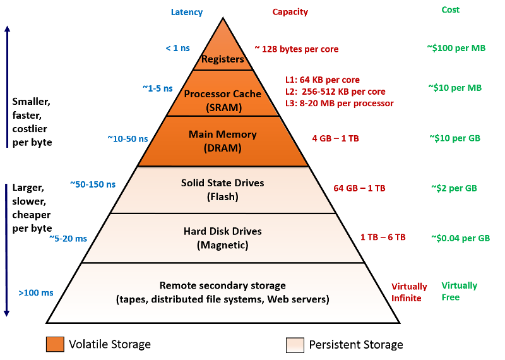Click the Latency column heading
tap(187, 12)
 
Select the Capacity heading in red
tap(290, 12)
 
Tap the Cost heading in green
tap(450, 9)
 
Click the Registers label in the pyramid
tap(223, 59)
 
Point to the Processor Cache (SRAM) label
tap(223, 100)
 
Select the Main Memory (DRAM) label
tap(223, 141)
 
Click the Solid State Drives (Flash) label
tap(223, 189)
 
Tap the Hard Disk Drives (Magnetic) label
tap(223, 238)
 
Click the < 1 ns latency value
tap(178, 48)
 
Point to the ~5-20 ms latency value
tap(68, 239)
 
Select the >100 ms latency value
tap(36, 292)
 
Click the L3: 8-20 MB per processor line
tap(340, 103)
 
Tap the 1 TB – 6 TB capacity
tap(383, 237)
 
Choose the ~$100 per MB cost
tap(456, 48)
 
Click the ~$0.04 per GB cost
tap(461, 238)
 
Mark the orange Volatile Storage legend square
tap(55, 344)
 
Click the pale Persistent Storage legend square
tap(295, 345)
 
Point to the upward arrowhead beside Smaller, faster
tap(8, 28)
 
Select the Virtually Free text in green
tap(460, 291)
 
